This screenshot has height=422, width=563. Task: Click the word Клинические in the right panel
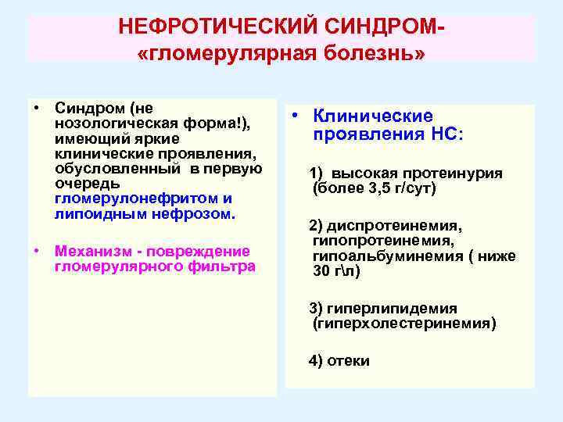click(373, 116)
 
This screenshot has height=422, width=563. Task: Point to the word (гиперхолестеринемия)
click(403, 323)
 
